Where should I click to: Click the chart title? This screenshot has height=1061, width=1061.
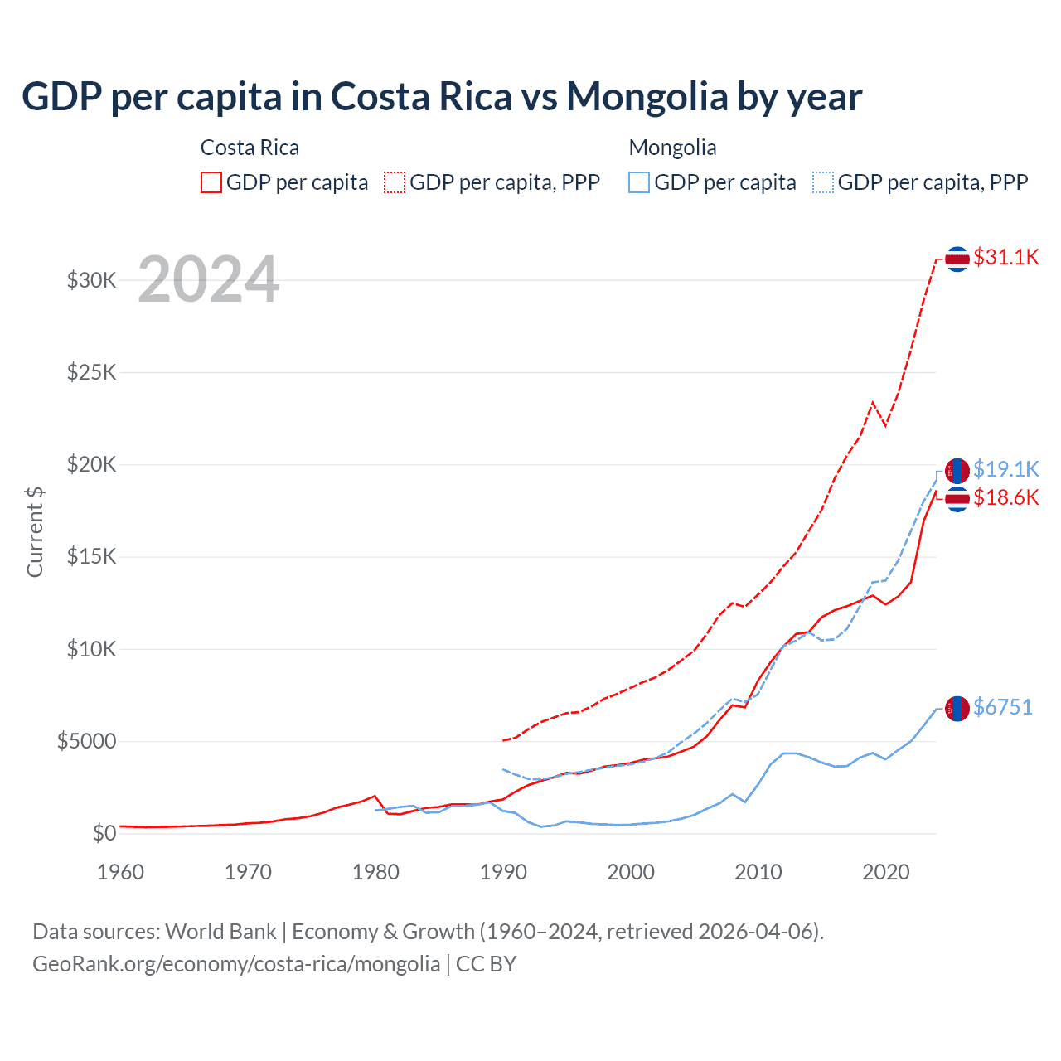tap(442, 97)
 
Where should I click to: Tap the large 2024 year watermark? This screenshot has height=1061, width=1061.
tap(208, 279)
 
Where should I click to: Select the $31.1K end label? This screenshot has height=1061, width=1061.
tap(1005, 257)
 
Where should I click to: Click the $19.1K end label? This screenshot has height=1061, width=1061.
tap(1005, 469)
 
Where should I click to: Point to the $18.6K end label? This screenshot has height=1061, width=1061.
tap(1005, 497)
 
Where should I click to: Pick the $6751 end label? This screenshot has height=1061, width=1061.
tap(1002, 707)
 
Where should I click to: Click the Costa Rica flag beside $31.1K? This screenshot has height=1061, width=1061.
tap(957, 259)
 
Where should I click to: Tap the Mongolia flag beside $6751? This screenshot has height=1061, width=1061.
tap(957, 709)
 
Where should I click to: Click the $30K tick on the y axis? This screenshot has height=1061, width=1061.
tap(92, 280)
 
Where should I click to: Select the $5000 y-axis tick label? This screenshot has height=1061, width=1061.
tap(87, 741)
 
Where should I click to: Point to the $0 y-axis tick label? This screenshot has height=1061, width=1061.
tap(104, 833)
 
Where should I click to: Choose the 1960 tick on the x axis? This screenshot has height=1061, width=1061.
tap(121, 872)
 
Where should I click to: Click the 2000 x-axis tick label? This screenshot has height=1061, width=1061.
tap(631, 872)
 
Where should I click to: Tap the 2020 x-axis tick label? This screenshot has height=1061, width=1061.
tap(886, 872)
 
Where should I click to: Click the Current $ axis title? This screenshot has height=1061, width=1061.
tap(35, 532)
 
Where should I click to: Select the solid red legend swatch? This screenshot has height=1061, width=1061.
tap(211, 182)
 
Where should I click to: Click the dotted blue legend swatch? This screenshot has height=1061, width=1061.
tap(823, 182)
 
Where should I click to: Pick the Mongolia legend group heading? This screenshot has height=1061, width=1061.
tap(672, 148)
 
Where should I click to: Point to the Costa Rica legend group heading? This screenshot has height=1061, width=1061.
tap(250, 148)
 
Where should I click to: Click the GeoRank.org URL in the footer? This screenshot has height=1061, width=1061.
tap(236, 964)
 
